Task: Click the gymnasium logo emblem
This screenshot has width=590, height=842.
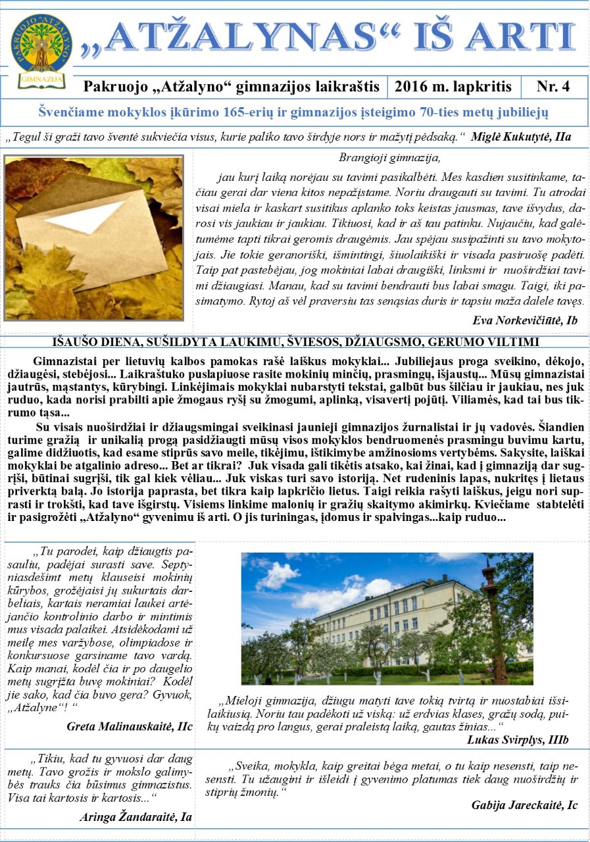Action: (41, 52)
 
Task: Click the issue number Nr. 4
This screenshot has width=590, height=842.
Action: (553, 86)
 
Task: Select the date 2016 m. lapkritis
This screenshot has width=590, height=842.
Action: (453, 86)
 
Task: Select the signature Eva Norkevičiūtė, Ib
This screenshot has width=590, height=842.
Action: (525, 320)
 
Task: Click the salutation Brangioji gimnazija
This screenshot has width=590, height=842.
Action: (389, 158)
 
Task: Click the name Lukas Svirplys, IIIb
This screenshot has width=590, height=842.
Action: (518, 740)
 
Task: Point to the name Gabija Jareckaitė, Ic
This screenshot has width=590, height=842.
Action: (524, 805)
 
